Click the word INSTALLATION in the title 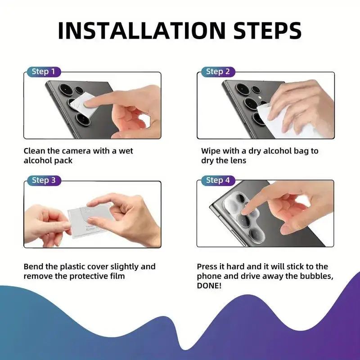coord(142,31)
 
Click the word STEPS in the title coord(267,31)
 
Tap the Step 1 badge coord(44,72)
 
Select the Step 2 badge coord(218,72)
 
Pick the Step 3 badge coord(44,180)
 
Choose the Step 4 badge coord(218,180)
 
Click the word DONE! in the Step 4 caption coord(209,286)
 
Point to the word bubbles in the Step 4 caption coord(317,276)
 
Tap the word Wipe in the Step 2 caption coord(211,151)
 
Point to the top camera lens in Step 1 coord(66,89)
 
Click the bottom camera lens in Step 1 coord(83,119)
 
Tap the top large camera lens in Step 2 coord(243,89)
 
